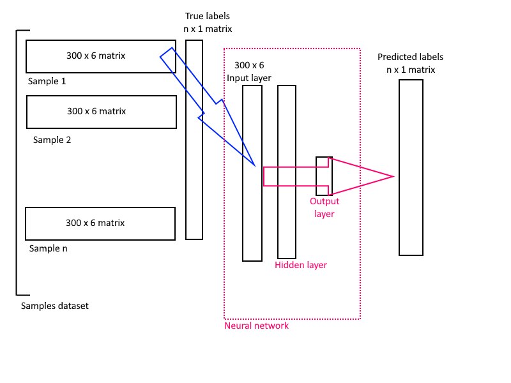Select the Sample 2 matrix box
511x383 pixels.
coord(101,112)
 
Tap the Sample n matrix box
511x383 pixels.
coord(100,223)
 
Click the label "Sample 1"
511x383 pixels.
coord(47,82)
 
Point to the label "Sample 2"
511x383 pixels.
coord(52,139)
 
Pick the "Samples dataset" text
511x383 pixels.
coord(54,306)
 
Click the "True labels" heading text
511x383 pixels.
coord(207,15)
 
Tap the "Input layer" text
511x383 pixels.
coord(249,78)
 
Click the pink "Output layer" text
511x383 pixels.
coord(324,207)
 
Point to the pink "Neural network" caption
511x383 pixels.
coord(256,326)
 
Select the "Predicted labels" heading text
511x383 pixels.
coord(410,57)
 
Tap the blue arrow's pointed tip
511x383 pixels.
coord(256,165)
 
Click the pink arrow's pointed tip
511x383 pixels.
coord(392,176)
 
